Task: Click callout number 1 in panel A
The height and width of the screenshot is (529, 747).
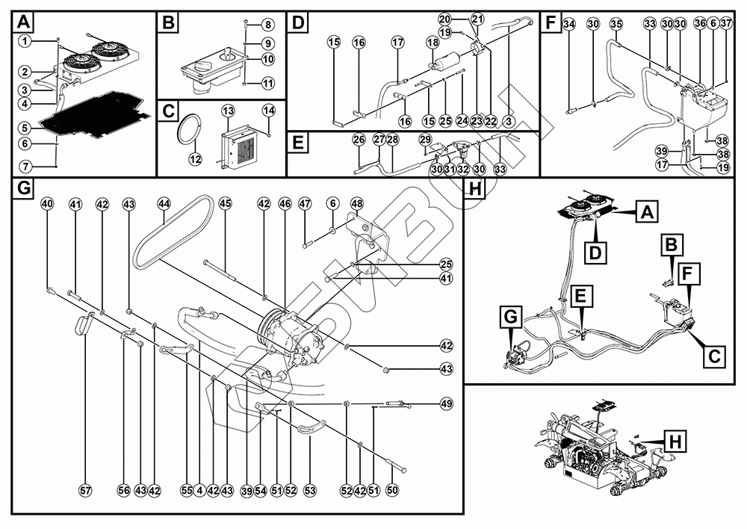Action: click(x=25, y=40)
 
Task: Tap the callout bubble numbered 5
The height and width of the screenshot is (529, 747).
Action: click(x=25, y=127)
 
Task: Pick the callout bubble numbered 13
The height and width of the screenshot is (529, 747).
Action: click(x=228, y=111)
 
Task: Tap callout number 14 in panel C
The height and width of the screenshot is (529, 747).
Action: click(x=269, y=111)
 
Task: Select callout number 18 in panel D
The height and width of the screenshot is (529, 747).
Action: click(x=433, y=44)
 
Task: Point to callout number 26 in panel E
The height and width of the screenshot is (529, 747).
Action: click(x=359, y=140)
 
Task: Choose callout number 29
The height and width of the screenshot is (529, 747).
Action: click(x=425, y=140)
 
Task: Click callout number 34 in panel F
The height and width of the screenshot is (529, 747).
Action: click(x=569, y=25)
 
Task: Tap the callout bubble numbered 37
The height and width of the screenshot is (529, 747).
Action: click(x=726, y=24)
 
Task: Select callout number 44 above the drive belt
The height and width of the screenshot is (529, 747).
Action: click(x=164, y=204)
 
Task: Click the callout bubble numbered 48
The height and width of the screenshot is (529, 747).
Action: click(x=356, y=204)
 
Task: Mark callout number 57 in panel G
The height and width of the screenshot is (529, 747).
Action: click(x=85, y=491)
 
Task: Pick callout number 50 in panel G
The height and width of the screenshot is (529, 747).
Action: click(x=392, y=491)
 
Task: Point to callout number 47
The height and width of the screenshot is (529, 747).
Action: click(x=304, y=204)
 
